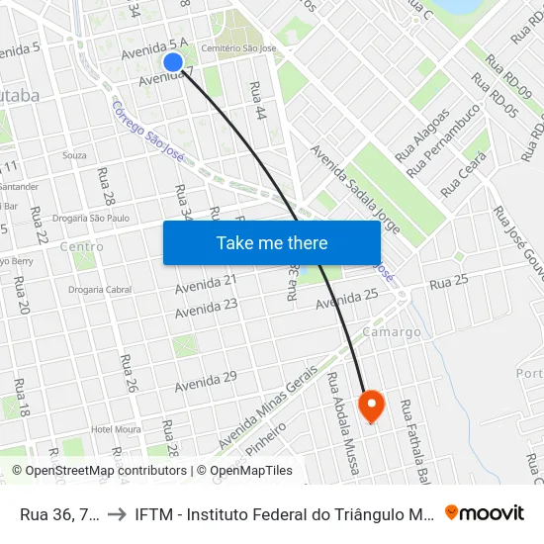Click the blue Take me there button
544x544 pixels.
pos(272,242)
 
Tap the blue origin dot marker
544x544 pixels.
pos(173,62)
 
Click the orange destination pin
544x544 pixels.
pos(372,405)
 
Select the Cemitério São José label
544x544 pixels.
pos(237,47)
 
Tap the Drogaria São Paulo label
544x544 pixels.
pos(90,218)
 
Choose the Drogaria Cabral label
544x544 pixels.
pos(101,290)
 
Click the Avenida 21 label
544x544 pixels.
pos(206,284)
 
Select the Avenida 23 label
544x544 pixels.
pos(206,309)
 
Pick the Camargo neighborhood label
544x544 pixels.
pos(392,332)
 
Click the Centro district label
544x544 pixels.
pos(81,246)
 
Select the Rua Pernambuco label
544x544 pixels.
pos(450,128)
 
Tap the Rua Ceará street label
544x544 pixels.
pos(465,172)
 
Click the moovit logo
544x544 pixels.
pos(484,512)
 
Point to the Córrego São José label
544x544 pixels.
pos(148,129)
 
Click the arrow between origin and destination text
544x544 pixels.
pos(117,512)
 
